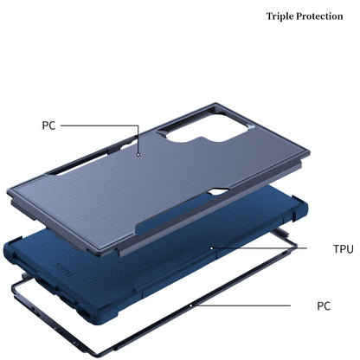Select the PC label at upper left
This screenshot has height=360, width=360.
tap(48, 125)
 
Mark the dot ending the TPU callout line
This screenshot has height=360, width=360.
tap(211, 247)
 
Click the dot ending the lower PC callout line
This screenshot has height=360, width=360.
tap(191, 306)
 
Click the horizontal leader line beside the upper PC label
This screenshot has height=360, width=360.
tap(95, 125)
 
